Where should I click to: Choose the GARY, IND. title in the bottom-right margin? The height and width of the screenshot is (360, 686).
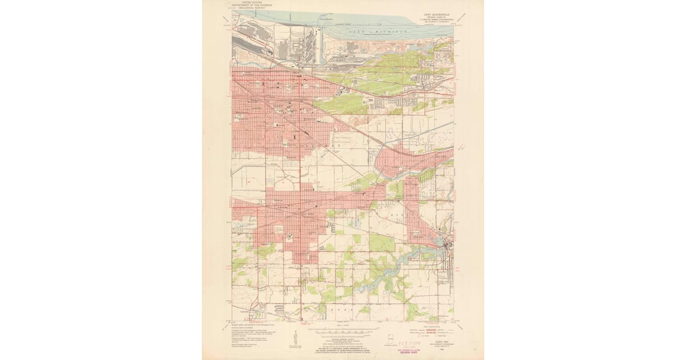pos(441,342)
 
